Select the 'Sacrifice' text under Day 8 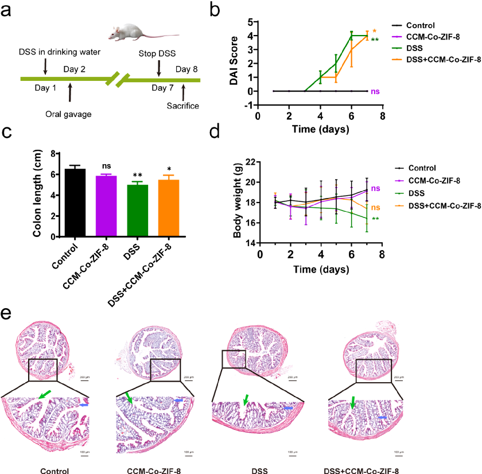click(182, 106)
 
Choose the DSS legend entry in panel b click(412, 49)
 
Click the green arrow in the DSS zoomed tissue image click(246, 400)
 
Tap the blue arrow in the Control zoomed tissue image click(85, 405)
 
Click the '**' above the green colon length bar click(138, 174)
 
